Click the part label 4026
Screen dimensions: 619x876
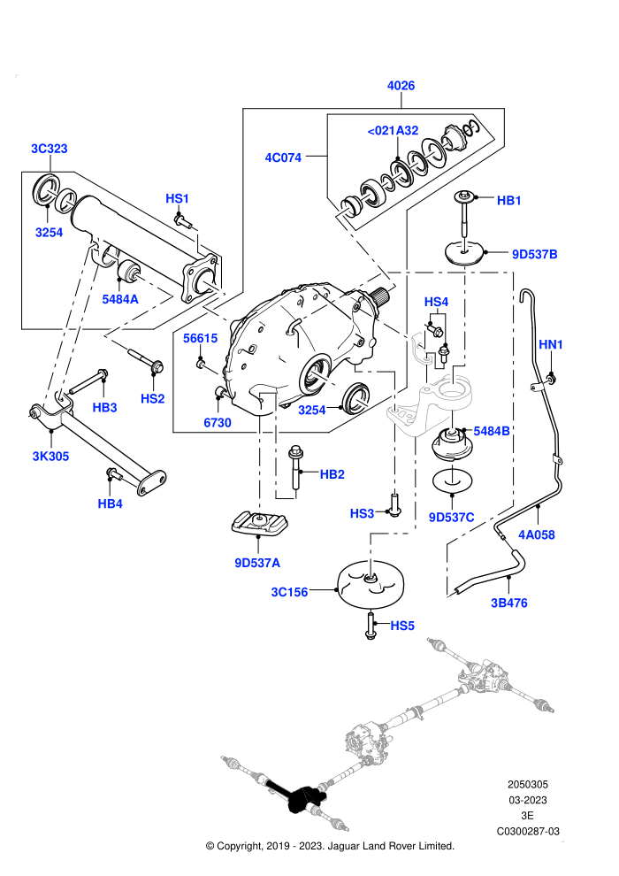(401, 86)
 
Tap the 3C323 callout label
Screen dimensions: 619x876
(50, 149)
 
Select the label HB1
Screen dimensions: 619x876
(509, 201)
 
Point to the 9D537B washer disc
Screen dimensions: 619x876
(465, 253)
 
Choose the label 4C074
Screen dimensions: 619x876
(283, 158)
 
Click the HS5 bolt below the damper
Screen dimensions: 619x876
(371, 626)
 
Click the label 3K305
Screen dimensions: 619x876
(50, 457)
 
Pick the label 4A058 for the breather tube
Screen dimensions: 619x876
(537, 534)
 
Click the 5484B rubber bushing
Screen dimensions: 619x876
(453, 444)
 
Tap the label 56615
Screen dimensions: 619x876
(201, 338)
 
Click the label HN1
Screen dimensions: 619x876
(551, 345)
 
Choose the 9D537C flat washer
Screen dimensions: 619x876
(453, 480)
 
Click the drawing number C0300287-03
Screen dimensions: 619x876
(528, 831)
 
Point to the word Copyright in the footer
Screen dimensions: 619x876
(240, 846)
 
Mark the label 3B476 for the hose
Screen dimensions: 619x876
(509, 603)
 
